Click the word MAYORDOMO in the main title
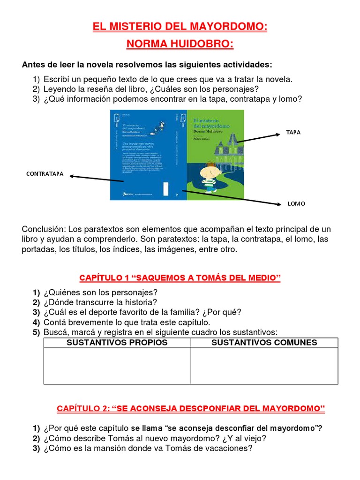point(228,27)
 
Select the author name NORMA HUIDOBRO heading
point(180,45)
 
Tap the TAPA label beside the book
point(293,133)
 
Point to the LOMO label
point(296,204)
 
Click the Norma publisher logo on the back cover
point(127,193)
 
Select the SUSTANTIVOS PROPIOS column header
point(117,343)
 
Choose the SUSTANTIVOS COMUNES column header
point(264,343)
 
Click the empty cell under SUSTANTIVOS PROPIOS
point(117,366)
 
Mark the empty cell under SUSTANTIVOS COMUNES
point(264,366)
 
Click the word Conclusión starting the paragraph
point(44,229)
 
